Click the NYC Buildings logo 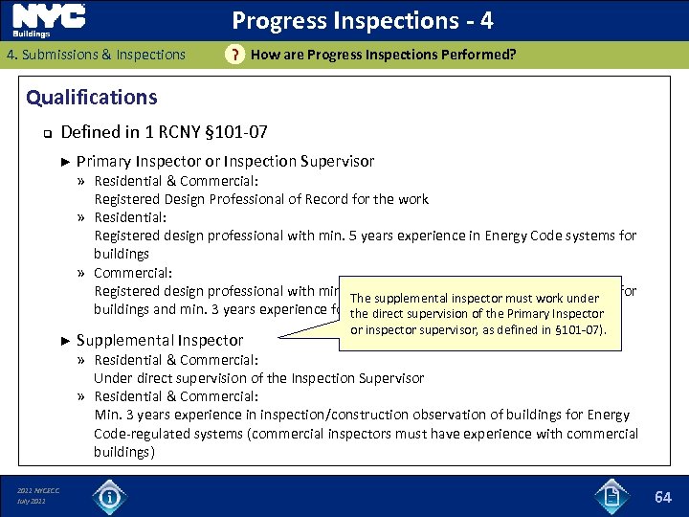point(49,20)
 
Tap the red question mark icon point(233,56)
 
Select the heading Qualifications point(92,98)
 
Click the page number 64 point(663,497)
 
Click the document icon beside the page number point(611,496)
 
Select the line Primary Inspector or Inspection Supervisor point(225,162)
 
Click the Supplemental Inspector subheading point(160,340)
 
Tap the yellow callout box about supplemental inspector point(486,312)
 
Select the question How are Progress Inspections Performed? point(383,55)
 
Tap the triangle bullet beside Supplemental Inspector point(64,340)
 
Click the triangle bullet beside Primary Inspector point(64,162)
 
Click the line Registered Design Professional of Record point(260,199)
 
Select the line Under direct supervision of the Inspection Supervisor point(258,378)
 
